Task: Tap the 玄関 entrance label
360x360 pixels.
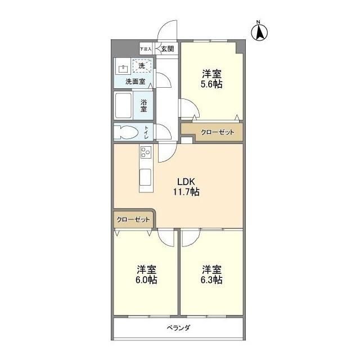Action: click(167, 49)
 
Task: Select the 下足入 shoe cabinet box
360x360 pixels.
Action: click(146, 49)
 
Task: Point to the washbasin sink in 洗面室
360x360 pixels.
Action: click(124, 69)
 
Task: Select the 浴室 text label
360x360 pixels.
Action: click(144, 105)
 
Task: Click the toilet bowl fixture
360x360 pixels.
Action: click(125, 132)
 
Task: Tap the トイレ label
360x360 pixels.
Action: click(146, 132)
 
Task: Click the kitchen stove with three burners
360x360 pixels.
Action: click(146, 153)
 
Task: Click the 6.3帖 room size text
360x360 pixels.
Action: click(211, 280)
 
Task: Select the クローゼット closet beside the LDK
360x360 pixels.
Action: click(133, 219)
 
